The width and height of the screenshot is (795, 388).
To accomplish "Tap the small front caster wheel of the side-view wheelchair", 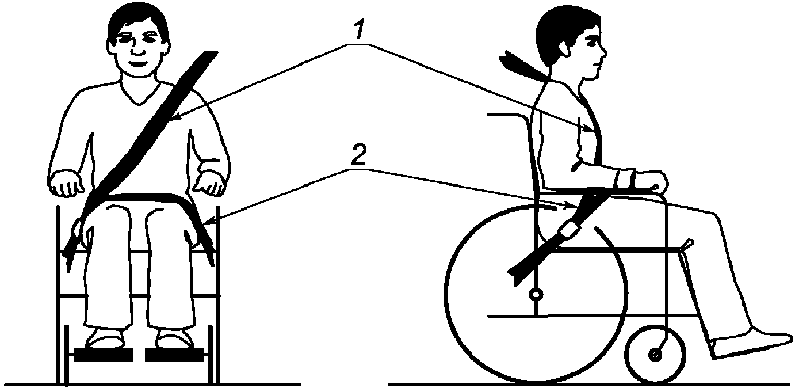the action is tap(655, 355).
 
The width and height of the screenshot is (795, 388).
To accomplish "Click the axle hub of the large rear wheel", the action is tap(536, 295).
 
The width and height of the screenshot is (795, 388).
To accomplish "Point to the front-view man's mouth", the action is tap(137, 62).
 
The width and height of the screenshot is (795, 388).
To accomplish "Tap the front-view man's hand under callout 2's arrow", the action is tap(209, 184).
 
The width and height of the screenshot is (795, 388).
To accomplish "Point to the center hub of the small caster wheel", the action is tap(655, 355).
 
